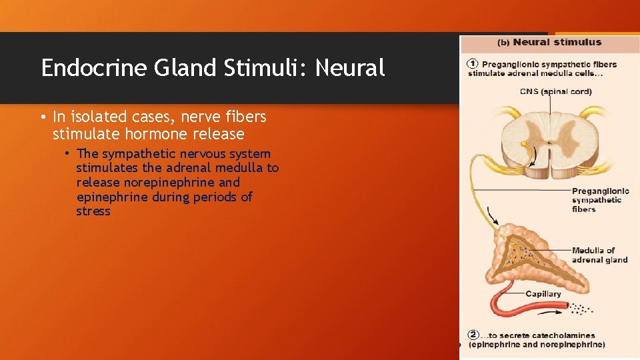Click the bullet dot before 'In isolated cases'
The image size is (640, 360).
tap(43, 117)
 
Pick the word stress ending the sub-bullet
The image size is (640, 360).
tap(93, 212)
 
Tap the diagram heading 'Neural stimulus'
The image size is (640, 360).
tap(557, 43)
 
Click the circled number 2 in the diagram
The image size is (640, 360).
tap(473, 335)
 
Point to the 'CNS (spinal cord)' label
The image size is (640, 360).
tap(555, 91)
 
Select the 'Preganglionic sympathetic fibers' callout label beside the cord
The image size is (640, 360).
tap(597, 200)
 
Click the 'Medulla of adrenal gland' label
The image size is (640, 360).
tap(599, 255)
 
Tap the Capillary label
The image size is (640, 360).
tap(543, 294)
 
